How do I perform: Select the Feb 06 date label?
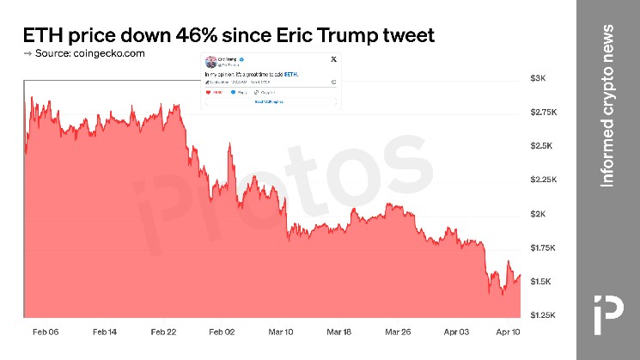click(x=46, y=332)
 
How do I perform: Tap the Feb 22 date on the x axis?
click(x=163, y=332)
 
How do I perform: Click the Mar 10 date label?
click(x=281, y=332)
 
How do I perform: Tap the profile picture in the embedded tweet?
click(x=210, y=61)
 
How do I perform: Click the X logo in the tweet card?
click(x=332, y=60)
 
